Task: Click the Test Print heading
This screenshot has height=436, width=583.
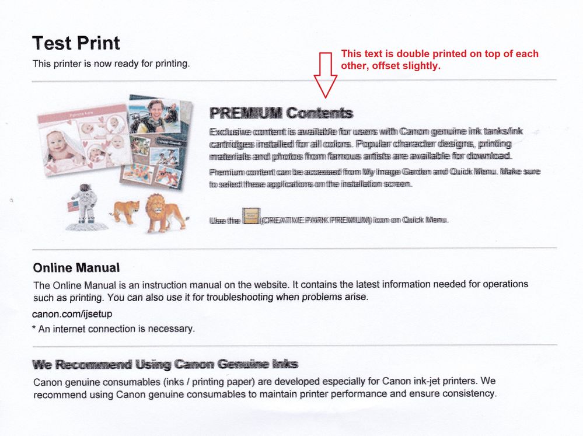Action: pyautogui.click(x=76, y=43)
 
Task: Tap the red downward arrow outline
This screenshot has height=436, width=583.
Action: pyautogui.click(x=325, y=75)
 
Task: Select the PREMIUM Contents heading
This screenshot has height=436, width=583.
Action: pyautogui.click(x=281, y=113)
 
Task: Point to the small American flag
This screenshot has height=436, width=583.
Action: pyautogui.click(x=73, y=206)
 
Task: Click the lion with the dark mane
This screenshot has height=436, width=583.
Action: pyautogui.click(x=163, y=211)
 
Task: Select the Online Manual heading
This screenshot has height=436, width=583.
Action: pyautogui.click(x=76, y=268)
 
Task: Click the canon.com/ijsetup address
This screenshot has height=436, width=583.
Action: pyautogui.click(x=72, y=314)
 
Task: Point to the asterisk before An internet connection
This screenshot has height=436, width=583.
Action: pyautogui.click(x=34, y=329)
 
